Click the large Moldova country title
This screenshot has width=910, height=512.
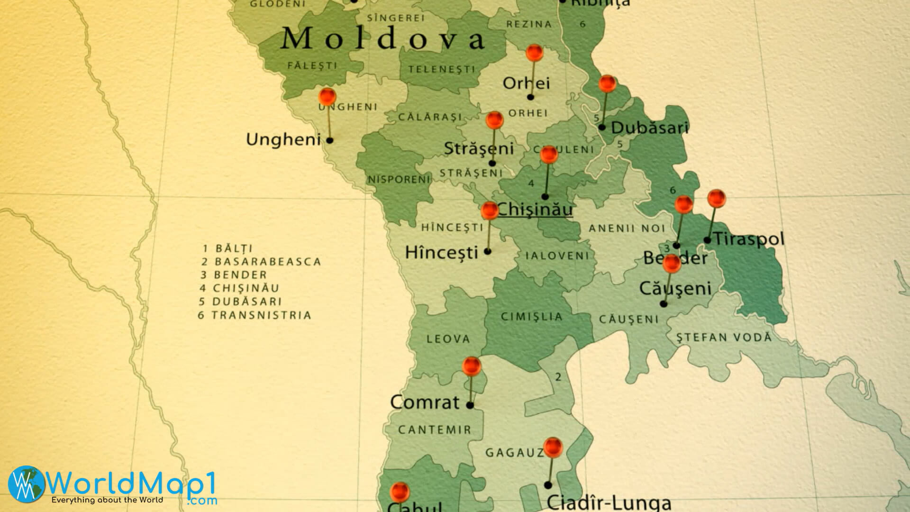click(x=383, y=39)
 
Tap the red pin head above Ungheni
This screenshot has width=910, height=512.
click(x=327, y=96)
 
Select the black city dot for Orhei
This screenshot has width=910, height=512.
click(x=530, y=97)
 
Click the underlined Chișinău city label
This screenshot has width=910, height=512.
click(x=535, y=210)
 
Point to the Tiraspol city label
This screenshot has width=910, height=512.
click(x=749, y=238)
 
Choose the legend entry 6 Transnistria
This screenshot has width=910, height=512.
click(x=255, y=315)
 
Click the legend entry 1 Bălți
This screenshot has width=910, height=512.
click(x=227, y=248)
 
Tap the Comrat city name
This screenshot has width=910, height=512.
click(x=425, y=402)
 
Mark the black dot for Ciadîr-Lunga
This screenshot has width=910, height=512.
click(x=548, y=485)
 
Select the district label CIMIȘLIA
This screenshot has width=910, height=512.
click(x=531, y=317)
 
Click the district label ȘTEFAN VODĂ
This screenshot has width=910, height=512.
click(x=724, y=338)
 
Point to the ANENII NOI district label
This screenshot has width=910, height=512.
click(x=627, y=229)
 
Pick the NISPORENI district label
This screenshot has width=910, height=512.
click(x=399, y=180)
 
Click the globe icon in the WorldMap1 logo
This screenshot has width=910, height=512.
click(x=26, y=484)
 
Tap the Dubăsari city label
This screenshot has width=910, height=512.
click(x=649, y=128)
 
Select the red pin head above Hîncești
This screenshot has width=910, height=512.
click(x=490, y=210)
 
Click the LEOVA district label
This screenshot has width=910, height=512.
click(x=448, y=339)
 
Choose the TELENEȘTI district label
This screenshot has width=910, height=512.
click(x=441, y=70)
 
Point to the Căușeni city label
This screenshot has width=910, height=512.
click(x=675, y=288)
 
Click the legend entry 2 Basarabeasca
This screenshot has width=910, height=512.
click(x=261, y=262)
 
